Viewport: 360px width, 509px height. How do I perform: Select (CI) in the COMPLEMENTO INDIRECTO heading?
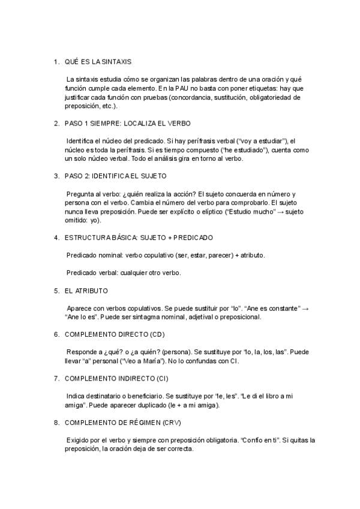click(x=161, y=378)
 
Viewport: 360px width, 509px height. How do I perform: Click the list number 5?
click(x=56, y=291)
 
